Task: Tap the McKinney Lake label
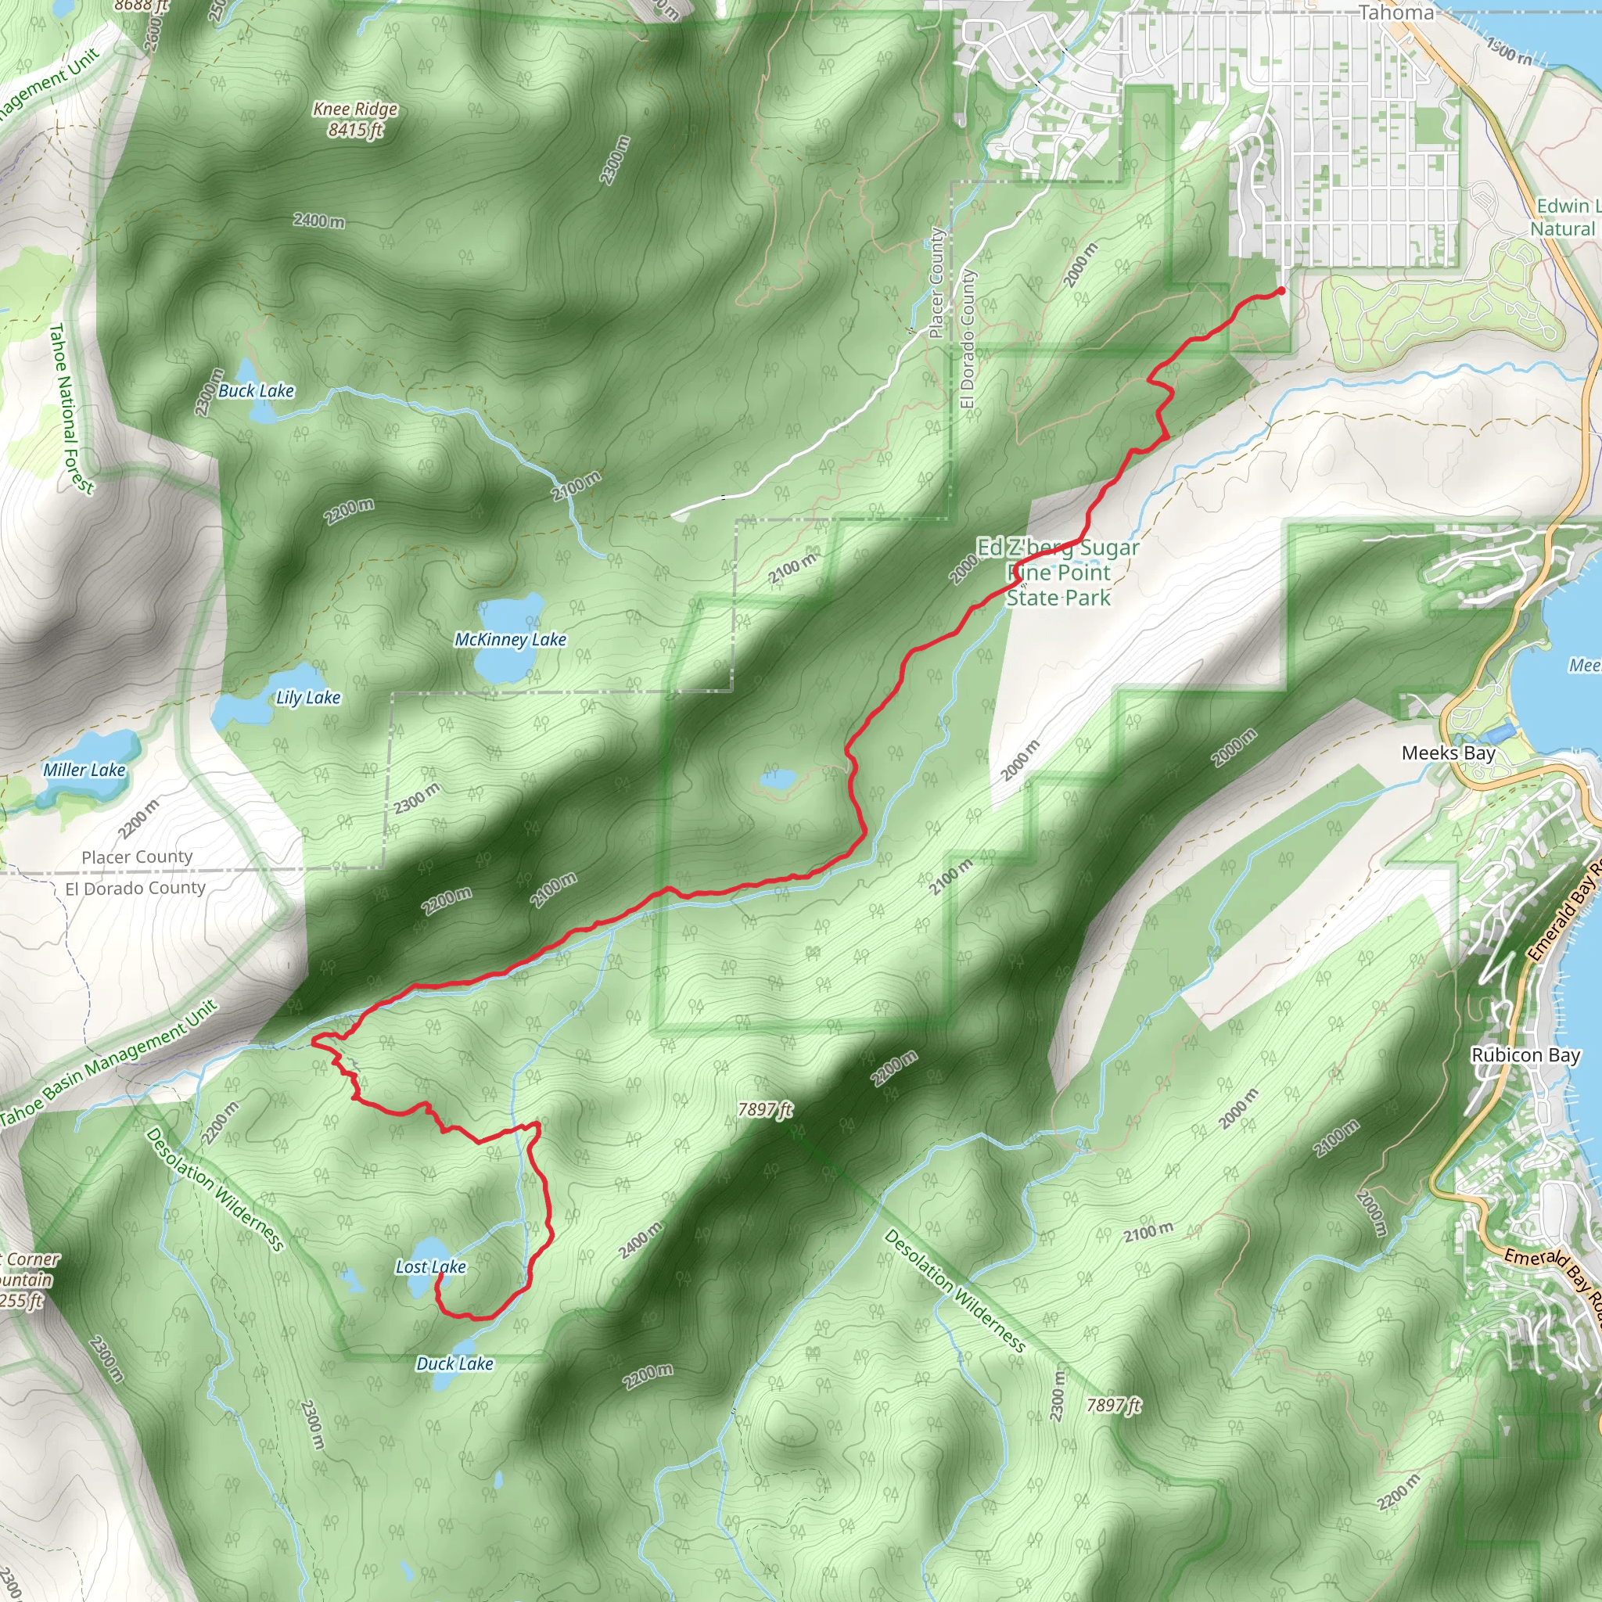510,639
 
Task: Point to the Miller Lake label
84,770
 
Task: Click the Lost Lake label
430,1267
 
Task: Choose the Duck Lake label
454,1364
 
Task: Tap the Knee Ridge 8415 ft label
355,120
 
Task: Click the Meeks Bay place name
1448,753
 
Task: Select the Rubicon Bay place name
1525,1055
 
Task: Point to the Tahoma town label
1395,13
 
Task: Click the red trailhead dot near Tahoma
1281,291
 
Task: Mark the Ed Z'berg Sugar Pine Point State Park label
1058,572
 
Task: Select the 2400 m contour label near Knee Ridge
318,221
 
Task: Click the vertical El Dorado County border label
968,339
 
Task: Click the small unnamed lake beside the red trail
778,779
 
